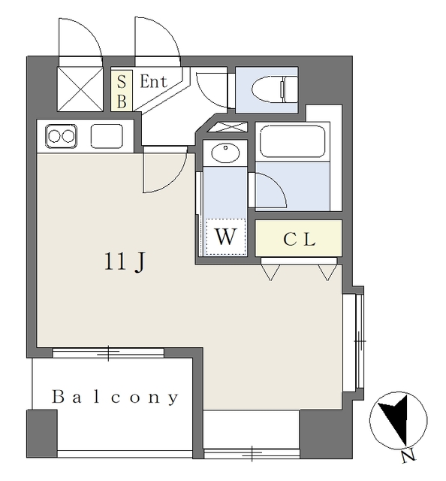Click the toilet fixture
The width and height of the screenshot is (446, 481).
coord(274,89)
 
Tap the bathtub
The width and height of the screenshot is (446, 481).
coord(292,141)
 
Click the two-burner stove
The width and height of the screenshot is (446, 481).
coord(62,136)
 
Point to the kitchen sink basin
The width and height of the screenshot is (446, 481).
coord(107,136)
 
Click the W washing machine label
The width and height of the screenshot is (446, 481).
coord(226,237)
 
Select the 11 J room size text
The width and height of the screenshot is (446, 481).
coord(125,262)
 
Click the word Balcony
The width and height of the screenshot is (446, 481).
coord(115,398)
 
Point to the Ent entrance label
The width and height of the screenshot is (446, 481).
coord(154,82)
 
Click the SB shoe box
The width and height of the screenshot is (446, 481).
coord(122,90)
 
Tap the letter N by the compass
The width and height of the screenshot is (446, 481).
coord(408,457)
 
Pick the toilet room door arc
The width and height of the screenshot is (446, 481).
coord(205,95)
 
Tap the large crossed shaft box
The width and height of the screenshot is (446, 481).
coord(80,89)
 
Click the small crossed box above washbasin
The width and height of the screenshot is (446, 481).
coord(228,127)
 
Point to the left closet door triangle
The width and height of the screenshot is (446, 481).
coord(270,272)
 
